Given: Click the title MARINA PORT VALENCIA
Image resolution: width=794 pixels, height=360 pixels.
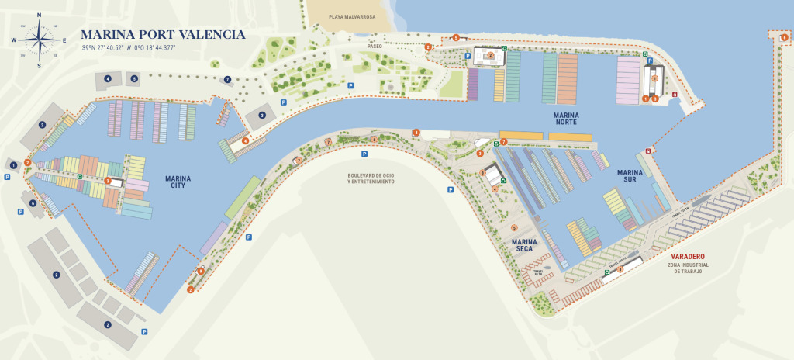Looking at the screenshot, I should [x=163, y=35].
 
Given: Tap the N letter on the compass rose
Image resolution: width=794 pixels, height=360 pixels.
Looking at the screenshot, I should [x=39, y=15].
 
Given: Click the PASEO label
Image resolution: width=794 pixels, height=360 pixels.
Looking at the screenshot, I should [x=375, y=47].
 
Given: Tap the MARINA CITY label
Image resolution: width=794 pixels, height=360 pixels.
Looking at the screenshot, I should [x=178, y=182].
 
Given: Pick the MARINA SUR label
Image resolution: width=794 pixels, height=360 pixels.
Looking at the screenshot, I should [x=630, y=176].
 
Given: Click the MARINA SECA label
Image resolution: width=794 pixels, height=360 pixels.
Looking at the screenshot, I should [x=525, y=245].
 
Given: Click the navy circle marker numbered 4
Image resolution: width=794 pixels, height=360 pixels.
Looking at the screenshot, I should [x=108, y=79].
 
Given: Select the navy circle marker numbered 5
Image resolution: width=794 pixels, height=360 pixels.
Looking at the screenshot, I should [x=134, y=79].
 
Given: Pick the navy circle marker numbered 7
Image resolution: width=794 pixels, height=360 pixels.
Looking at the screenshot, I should [x=227, y=79].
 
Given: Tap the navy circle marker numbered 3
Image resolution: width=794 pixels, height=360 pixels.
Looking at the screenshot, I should [x=262, y=115].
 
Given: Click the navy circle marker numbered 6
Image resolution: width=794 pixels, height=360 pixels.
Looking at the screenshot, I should [x=33, y=203].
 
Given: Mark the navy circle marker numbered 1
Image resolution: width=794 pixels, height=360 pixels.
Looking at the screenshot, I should [x=13, y=165].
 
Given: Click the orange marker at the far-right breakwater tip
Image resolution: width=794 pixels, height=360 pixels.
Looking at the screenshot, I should [x=784, y=36].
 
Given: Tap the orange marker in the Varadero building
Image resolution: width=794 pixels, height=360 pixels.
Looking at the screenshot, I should [x=620, y=268].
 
